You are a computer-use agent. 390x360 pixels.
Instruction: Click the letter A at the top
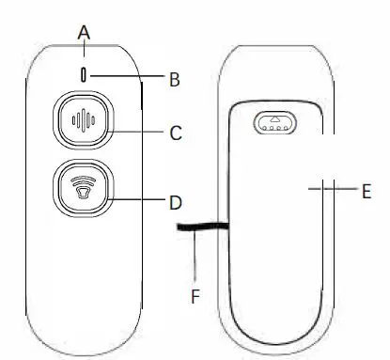(x=84, y=32)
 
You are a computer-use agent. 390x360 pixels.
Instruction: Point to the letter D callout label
(x=175, y=201)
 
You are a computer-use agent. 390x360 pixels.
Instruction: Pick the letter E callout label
(x=367, y=190)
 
